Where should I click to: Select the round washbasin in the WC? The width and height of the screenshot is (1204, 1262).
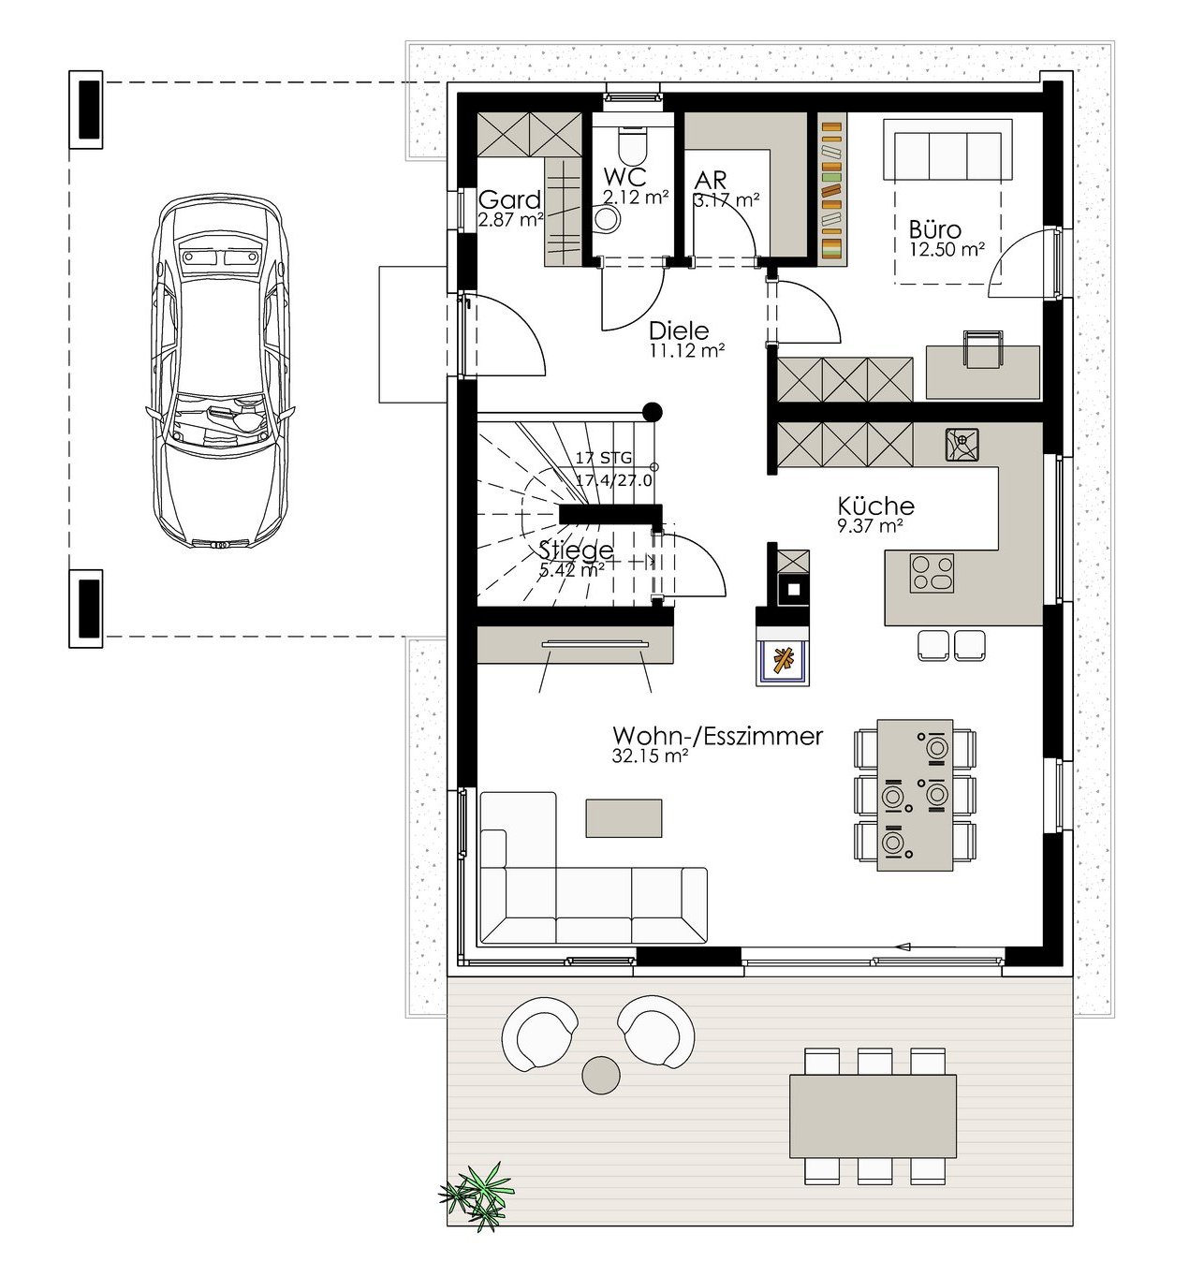pos(607,219)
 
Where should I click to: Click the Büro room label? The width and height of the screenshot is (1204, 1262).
pos(935,229)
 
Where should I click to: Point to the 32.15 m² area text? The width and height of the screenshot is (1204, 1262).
pos(650,756)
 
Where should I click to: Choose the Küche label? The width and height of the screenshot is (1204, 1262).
pos(876,506)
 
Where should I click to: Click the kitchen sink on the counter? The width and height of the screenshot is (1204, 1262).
pos(962,444)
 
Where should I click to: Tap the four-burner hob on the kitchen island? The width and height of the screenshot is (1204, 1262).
pos(932,573)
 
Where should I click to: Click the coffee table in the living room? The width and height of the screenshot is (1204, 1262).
pos(624,818)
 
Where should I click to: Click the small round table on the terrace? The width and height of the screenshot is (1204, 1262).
pos(601,1075)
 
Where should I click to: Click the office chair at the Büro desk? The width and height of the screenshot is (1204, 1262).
pos(983,349)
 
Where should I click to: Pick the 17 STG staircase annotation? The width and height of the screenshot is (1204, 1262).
pos(604,458)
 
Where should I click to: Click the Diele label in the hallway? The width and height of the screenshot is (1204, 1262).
pos(679,331)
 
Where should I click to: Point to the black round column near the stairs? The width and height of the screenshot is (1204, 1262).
pos(653,411)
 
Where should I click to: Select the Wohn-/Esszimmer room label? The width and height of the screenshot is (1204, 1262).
pos(717,736)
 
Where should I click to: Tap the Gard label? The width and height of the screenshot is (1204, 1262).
pos(510,199)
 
